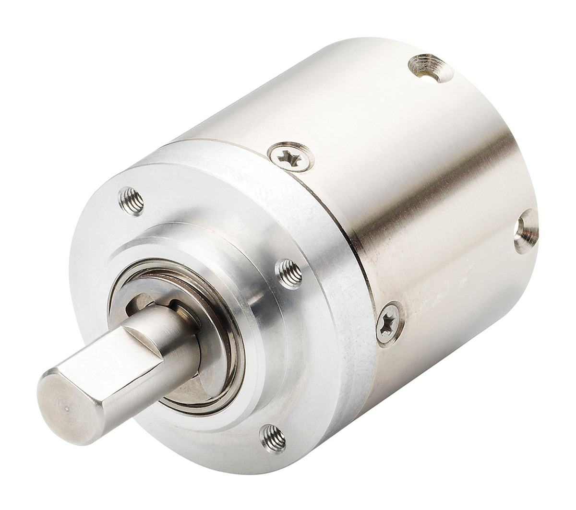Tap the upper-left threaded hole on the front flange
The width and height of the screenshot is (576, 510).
coord(132,201)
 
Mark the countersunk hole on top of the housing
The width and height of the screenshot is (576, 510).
coord(431,68)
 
